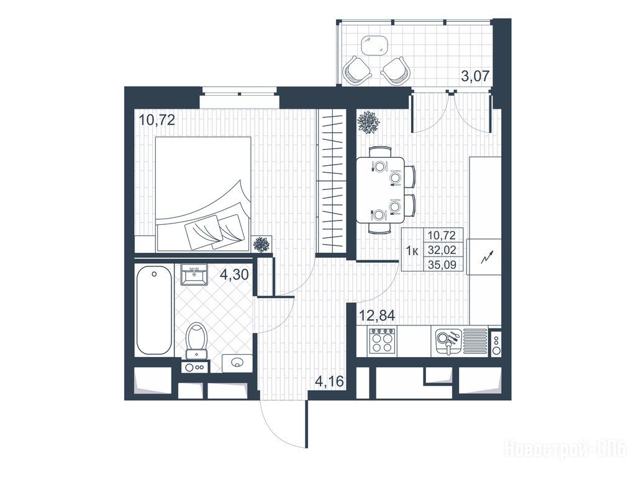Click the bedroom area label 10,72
tap(157, 120)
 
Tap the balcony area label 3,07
tap(476, 76)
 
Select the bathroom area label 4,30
tap(234, 275)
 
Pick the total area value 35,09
tap(442, 265)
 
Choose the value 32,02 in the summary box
tap(442, 250)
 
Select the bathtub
tap(154, 311)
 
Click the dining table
tap(381, 190)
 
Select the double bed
tap(203, 194)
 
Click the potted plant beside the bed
tap(261, 245)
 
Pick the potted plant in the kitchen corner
tap(368, 122)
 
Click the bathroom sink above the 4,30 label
tap(194, 275)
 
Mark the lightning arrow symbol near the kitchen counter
tap(487, 257)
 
